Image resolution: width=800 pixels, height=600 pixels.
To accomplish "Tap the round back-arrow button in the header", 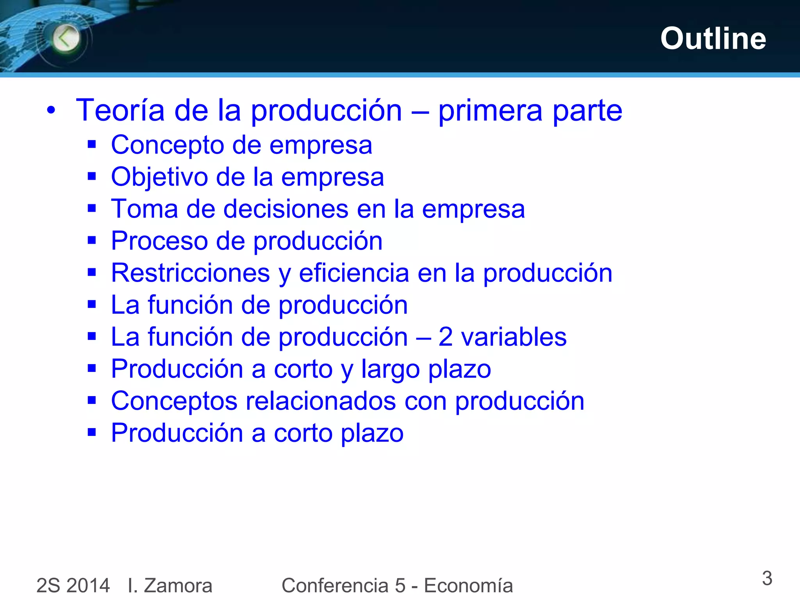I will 66,38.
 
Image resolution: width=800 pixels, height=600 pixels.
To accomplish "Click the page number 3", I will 767,578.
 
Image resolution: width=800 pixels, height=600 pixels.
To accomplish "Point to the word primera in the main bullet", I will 490,111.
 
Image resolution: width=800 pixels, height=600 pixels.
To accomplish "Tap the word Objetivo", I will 159,177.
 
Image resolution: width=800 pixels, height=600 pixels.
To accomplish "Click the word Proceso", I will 159,241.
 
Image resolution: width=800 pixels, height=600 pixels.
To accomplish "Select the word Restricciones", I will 190,273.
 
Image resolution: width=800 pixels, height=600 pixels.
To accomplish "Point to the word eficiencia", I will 354,273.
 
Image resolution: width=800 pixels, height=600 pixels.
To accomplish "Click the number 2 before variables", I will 445,337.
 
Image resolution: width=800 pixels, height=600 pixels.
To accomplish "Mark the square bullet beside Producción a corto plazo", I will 92,432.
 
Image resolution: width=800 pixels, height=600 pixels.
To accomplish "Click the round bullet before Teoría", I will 51,111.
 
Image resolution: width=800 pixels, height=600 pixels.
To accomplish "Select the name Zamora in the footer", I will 178,586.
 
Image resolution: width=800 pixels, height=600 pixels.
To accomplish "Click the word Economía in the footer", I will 468,586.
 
